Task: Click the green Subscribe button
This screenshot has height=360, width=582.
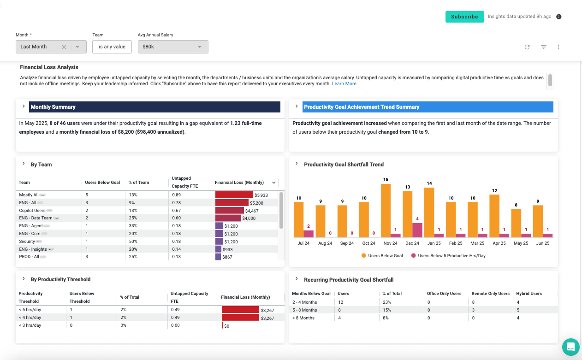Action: tap(464, 17)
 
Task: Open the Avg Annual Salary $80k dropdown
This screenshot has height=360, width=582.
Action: tap(173, 47)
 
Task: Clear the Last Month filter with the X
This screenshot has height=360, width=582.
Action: tap(64, 47)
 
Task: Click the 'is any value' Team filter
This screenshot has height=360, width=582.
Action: tap(112, 47)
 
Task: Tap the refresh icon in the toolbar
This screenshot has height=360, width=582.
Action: tap(527, 47)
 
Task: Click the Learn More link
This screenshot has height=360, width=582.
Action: tap(344, 84)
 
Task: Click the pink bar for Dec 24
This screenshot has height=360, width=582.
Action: tap(417, 230)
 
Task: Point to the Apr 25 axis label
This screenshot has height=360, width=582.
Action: tap(499, 243)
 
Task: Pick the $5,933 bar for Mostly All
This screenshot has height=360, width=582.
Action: tap(234, 195)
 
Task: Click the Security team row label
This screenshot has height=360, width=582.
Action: tap(27, 242)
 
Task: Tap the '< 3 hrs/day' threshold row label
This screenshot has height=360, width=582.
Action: tap(30, 325)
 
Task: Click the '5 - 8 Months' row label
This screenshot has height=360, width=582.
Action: tap(304, 310)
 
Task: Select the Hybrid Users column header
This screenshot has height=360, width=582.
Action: tap(529, 294)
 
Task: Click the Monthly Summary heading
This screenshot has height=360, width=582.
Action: tap(53, 107)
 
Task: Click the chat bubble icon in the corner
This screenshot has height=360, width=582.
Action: tap(570, 347)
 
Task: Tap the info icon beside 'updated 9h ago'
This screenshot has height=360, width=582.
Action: tap(559, 17)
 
